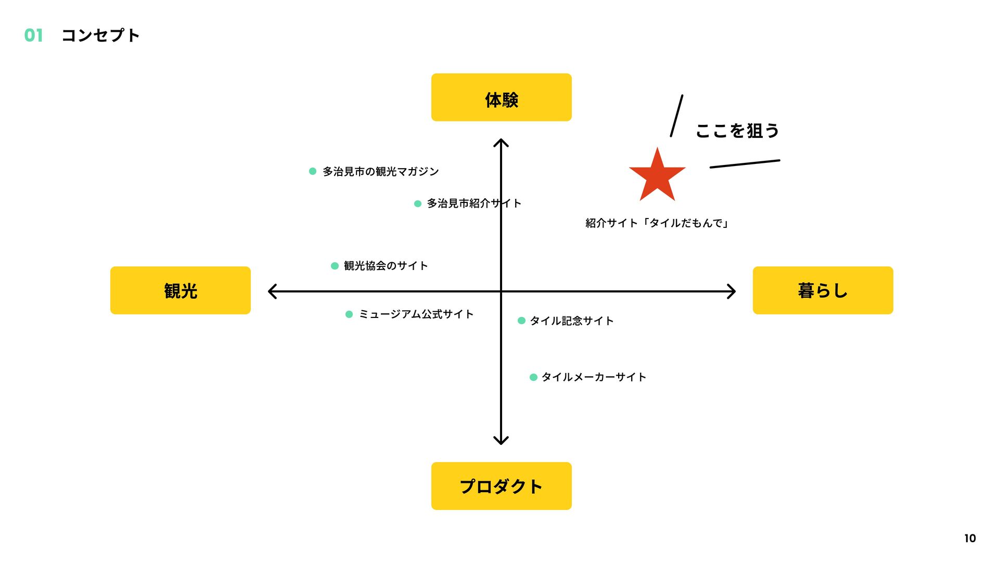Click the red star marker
(657, 176)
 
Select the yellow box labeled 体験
(501, 97)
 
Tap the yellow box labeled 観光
(180, 290)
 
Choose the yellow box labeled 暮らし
(823, 290)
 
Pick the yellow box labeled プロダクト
(501, 486)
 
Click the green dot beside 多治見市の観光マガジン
(313, 171)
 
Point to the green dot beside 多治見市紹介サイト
(417, 203)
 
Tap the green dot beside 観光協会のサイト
(335, 266)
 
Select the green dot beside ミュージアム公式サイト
(349, 314)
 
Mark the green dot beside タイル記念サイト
(521, 321)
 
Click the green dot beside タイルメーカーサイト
(533, 377)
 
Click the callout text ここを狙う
(737, 131)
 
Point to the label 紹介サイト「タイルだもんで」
(657, 223)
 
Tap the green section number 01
(34, 35)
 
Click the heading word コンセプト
(100, 35)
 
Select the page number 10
(970, 539)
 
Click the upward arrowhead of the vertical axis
(501, 142)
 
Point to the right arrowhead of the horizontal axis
(733, 291)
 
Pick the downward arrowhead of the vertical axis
(501, 442)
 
